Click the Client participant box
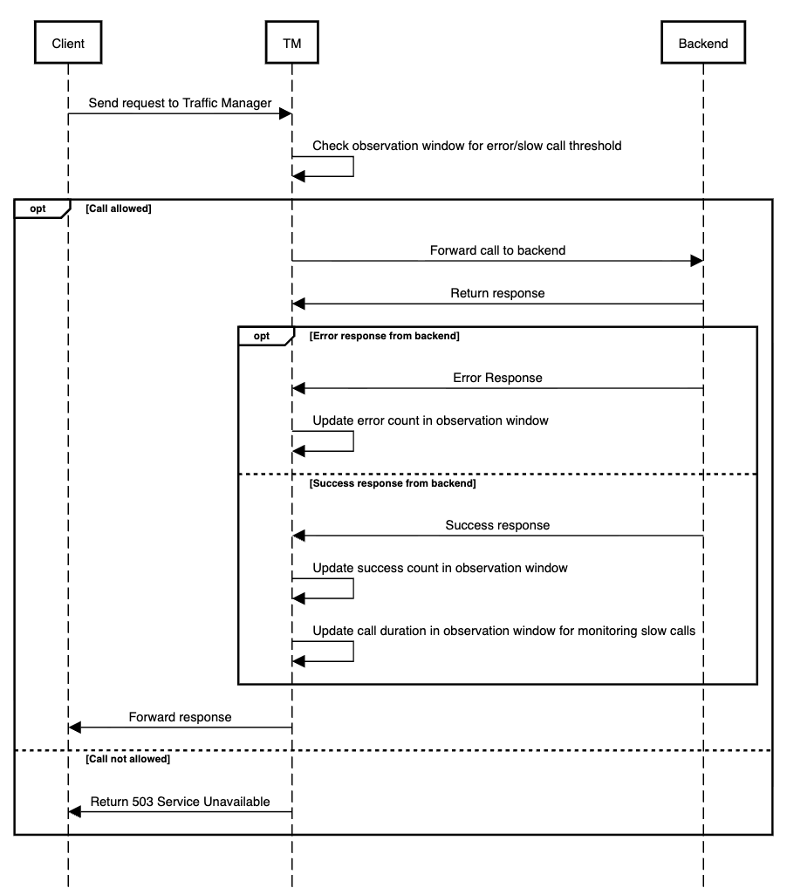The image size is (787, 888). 68,44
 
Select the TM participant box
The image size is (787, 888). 292,44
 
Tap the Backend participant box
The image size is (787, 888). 702,44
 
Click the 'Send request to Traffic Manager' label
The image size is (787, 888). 180,103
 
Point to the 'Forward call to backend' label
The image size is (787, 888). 497,250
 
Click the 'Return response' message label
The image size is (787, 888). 497,293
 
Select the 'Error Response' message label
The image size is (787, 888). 497,378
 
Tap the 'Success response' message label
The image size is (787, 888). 497,525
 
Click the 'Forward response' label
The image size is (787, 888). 180,717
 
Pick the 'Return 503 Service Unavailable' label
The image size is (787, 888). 180,801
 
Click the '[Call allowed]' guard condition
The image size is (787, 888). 119,208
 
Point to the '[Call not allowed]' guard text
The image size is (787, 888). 127,759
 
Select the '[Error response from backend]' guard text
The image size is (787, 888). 384,335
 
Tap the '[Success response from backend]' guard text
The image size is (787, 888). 393,482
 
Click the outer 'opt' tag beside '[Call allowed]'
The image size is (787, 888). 38,208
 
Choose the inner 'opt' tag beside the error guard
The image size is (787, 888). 262,335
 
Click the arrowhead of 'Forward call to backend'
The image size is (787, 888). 696,261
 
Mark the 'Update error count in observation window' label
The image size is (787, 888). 430,420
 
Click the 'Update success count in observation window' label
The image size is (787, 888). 440,568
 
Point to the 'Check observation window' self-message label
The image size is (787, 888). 467,146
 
